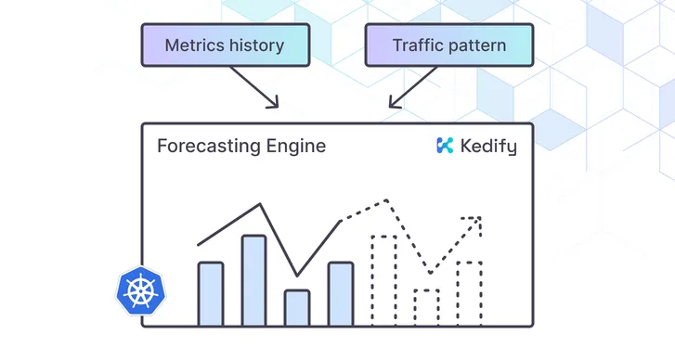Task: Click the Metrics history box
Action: pos(224,45)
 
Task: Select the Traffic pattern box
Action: pos(449,45)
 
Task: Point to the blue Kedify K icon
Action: pos(445,146)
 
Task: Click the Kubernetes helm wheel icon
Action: pos(142,289)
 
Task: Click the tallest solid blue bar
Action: pos(253,280)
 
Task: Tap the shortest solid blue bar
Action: pos(296,307)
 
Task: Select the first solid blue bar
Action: pos(211,293)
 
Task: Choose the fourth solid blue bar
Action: pos(341,293)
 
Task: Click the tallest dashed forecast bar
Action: pos(383,280)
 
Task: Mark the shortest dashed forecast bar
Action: pos(426,307)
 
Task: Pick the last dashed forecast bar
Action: pos(469,293)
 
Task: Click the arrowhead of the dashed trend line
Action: pos(476,221)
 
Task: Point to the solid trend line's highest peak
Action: pos(262,205)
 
